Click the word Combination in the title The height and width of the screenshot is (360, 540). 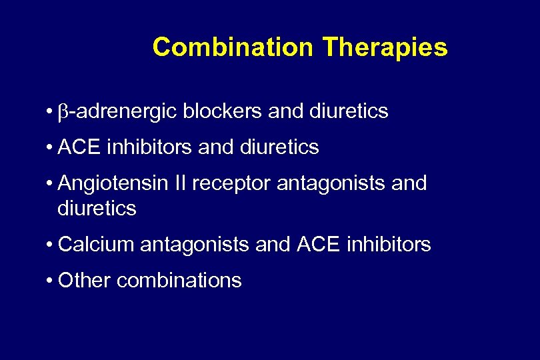point(233,47)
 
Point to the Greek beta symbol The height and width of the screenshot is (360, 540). point(63,113)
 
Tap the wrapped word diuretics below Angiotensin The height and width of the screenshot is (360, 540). point(97,209)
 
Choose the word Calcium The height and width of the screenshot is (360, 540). point(97,245)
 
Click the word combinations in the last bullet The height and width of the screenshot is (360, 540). point(179,280)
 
